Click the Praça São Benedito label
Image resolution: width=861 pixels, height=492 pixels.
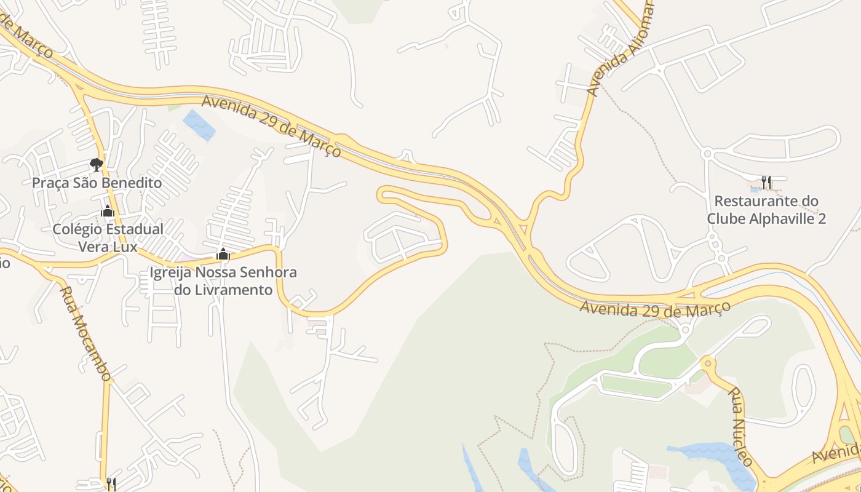(97, 183)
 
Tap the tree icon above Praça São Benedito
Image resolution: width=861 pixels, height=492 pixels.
(96, 164)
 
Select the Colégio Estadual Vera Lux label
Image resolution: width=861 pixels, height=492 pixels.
(108, 237)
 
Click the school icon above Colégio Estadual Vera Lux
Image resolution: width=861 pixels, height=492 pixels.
(108, 212)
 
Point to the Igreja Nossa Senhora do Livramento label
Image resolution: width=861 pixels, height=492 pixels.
(223, 280)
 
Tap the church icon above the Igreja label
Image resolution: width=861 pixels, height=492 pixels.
(223, 254)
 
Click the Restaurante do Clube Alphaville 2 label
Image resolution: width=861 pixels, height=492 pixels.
(766, 210)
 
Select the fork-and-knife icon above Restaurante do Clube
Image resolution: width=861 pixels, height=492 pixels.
(766, 182)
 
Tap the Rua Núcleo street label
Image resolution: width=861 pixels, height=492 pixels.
(740, 426)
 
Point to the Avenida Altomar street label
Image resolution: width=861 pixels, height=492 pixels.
(621, 49)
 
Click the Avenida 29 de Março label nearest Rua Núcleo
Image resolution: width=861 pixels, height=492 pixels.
(655, 309)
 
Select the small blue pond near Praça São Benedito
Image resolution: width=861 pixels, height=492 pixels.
(199, 125)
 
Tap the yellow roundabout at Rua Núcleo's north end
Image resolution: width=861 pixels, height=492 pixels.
(708, 363)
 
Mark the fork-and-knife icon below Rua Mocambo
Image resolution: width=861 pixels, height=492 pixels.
(111, 484)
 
